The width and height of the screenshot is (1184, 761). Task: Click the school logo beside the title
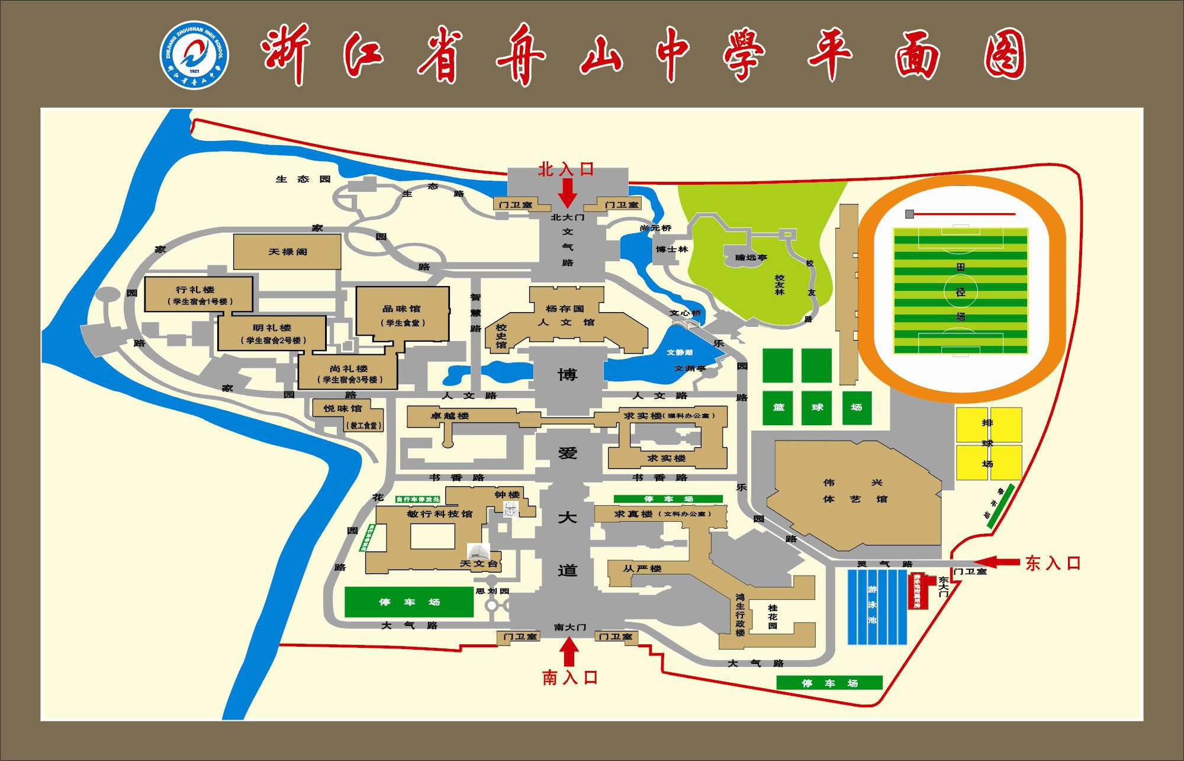click(195, 56)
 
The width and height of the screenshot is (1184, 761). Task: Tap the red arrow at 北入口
click(568, 192)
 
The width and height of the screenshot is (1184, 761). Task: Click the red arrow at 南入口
click(570, 652)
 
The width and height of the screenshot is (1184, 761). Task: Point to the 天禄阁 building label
click(288, 252)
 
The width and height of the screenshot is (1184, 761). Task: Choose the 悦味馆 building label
click(343, 409)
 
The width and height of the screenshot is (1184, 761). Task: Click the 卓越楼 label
click(449, 416)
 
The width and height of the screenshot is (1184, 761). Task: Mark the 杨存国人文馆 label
click(565, 316)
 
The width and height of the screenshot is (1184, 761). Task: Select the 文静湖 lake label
click(679, 352)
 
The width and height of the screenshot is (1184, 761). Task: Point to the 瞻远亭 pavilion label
click(751, 258)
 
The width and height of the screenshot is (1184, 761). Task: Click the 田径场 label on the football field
click(960, 292)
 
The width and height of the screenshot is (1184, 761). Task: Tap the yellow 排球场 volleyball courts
click(989, 443)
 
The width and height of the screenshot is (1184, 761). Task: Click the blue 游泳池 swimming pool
click(877, 606)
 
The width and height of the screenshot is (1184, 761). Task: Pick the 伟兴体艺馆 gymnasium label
click(855, 491)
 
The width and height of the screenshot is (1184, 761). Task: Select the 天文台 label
click(479, 563)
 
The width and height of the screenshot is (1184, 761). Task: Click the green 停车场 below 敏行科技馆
click(409, 602)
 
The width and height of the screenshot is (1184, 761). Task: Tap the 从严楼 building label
click(642, 569)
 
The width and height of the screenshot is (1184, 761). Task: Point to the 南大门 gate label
click(570, 627)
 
